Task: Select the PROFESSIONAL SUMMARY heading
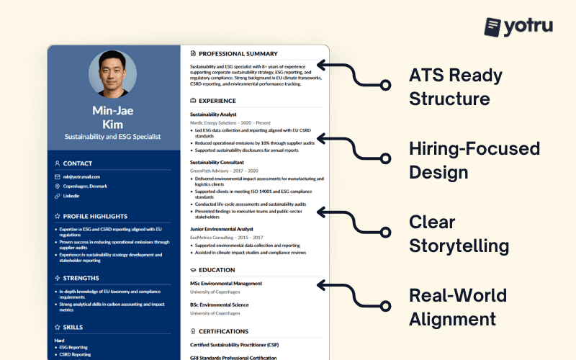tap(238, 53)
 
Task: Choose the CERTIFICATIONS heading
tap(223, 332)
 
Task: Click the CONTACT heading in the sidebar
tap(78, 163)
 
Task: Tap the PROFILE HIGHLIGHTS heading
tap(94, 216)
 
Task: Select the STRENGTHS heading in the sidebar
tap(81, 278)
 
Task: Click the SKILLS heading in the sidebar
tap(73, 327)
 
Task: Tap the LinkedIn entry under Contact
tap(71, 195)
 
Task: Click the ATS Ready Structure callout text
tap(455, 86)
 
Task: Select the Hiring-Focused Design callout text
tap(474, 160)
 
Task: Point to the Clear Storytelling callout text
tap(459, 233)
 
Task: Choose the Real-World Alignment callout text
tap(457, 307)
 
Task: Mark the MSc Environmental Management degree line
tap(226, 283)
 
